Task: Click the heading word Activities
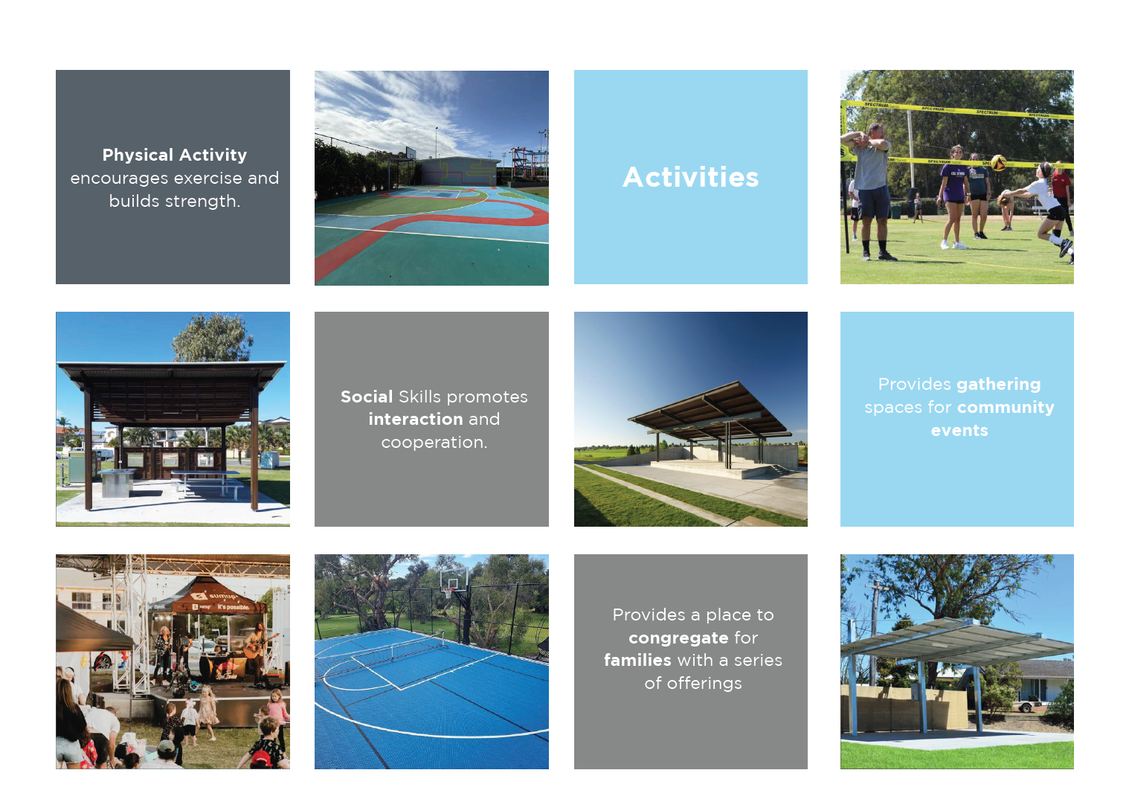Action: tap(690, 177)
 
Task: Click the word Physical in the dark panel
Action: tap(138, 155)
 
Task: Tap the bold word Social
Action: tap(367, 397)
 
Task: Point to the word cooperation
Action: tap(434, 442)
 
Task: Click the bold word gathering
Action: tap(998, 385)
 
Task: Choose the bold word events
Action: tap(959, 431)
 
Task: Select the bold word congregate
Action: tap(678, 638)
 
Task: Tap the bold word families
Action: tap(637, 660)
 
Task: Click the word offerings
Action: tap(704, 683)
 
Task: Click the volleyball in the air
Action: tap(998, 162)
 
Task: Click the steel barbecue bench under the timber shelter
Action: tap(117, 482)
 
